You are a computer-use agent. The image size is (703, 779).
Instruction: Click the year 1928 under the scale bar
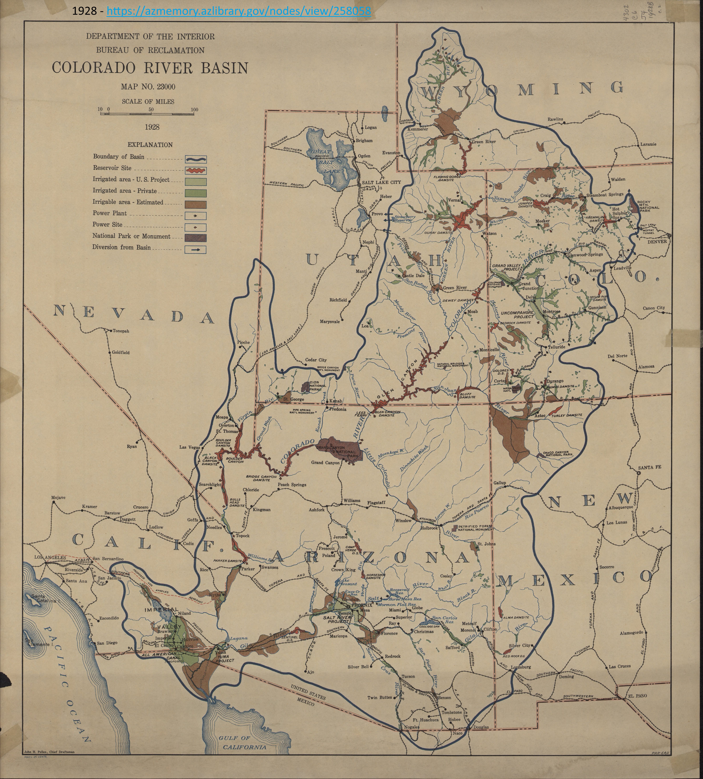152,127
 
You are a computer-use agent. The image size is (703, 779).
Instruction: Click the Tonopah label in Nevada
121,331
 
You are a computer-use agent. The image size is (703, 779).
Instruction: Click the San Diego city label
107,643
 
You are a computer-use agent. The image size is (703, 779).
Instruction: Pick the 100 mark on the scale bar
194,110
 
